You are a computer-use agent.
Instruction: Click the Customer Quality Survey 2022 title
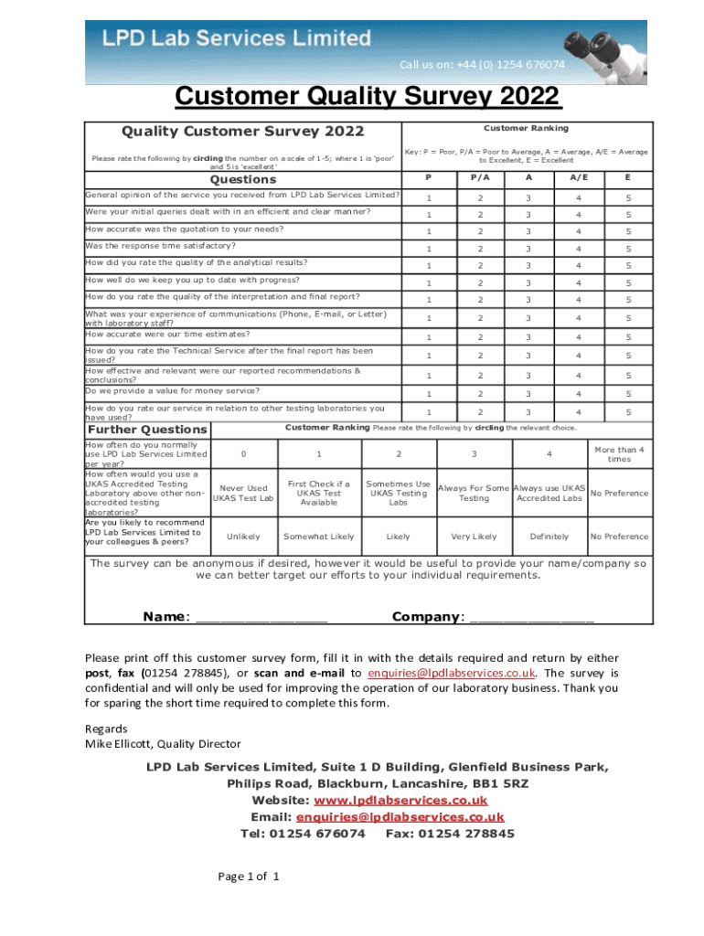[x=368, y=97]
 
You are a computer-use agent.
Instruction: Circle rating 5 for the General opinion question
[x=628, y=198]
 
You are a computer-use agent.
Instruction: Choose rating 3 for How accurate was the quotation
[x=528, y=232]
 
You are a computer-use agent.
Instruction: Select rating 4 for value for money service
[x=578, y=393]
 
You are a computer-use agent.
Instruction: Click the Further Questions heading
[x=146, y=430]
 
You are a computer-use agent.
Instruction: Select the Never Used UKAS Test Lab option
[x=242, y=494]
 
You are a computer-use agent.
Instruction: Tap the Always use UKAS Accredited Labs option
[x=549, y=494]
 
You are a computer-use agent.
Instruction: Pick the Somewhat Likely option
[x=319, y=537]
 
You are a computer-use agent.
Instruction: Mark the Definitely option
[x=549, y=537]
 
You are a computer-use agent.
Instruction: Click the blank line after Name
[x=261, y=618]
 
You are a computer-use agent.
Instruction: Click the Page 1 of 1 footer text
[x=248, y=877]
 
